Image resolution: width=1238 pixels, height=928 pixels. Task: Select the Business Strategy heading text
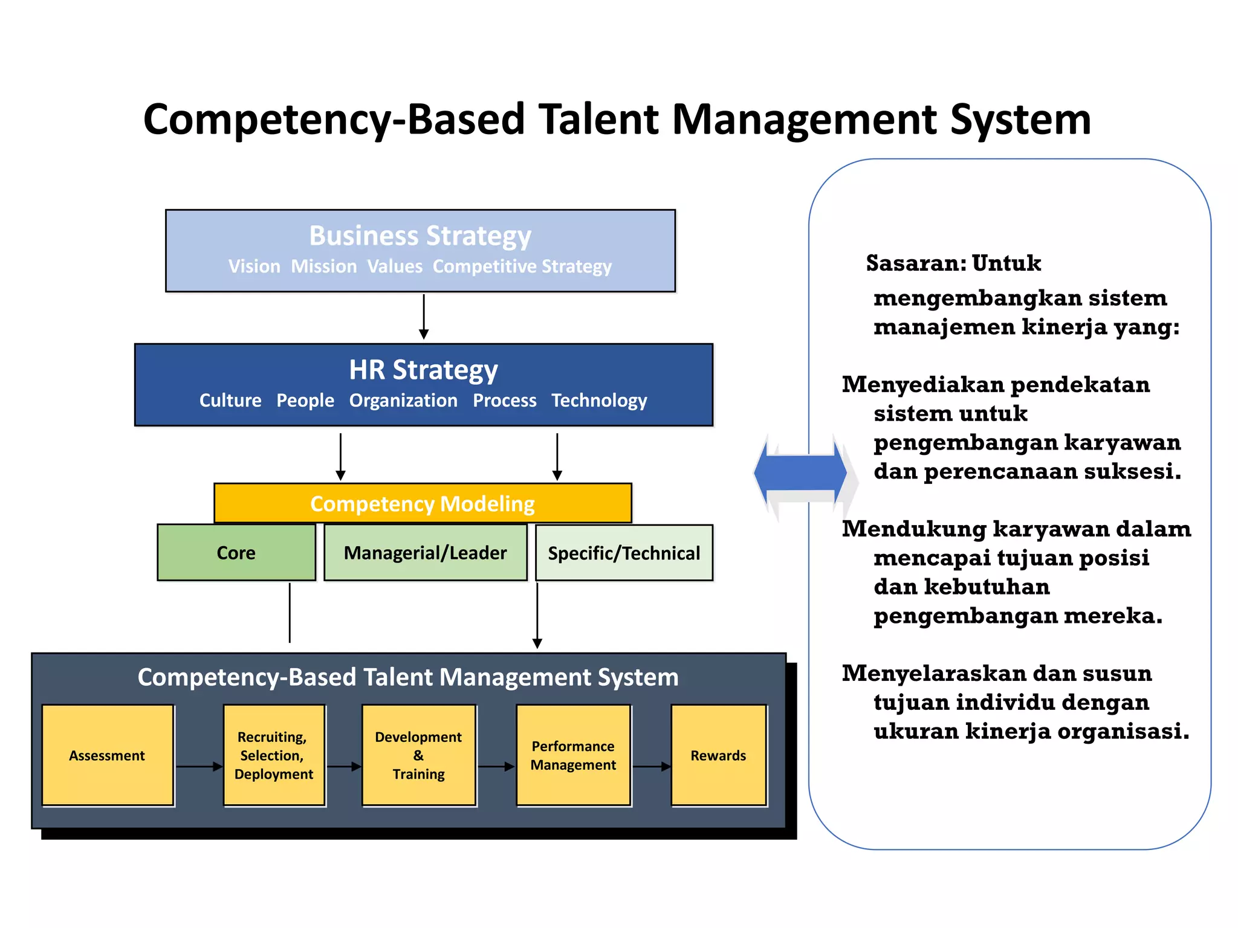pyautogui.click(x=420, y=236)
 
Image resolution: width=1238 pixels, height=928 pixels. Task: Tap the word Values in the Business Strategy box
pyautogui.click(x=395, y=266)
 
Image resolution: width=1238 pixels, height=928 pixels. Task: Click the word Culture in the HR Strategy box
pyautogui.click(x=230, y=401)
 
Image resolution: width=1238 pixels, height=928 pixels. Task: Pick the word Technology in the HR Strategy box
pyautogui.click(x=598, y=401)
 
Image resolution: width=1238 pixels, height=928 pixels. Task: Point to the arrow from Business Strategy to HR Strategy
pyautogui.click(x=424, y=317)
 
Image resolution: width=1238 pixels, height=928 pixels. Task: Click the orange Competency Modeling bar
pyautogui.click(x=423, y=503)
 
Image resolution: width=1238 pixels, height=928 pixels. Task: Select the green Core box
pyautogui.click(x=236, y=552)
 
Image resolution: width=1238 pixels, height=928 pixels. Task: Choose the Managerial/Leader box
pyautogui.click(x=425, y=552)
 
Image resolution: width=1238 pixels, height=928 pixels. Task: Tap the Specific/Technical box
pyautogui.click(x=624, y=552)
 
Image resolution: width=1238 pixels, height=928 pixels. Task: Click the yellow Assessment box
pyautogui.click(x=108, y=755)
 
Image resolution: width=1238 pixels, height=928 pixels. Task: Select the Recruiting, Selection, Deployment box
pyautogui.click(x=274, y=755)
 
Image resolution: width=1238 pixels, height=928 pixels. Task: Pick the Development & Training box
pyautogui.click(x=418, y=755)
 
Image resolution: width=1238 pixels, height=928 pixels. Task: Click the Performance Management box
pyautogui.click(x=573, y=755)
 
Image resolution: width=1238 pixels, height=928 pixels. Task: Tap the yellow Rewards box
pyautogui.click(x=718, y=755)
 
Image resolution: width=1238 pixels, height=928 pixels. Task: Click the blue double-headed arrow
pyautogui.click(x=801, y=473)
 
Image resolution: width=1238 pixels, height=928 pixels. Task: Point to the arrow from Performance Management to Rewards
pyautogui.click(x=651, y=767)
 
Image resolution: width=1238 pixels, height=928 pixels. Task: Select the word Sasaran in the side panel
pyautogui.click(x=915, y=263)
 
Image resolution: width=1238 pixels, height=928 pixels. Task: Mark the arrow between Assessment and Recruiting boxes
pyautogui.click(x=199, y=767)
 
